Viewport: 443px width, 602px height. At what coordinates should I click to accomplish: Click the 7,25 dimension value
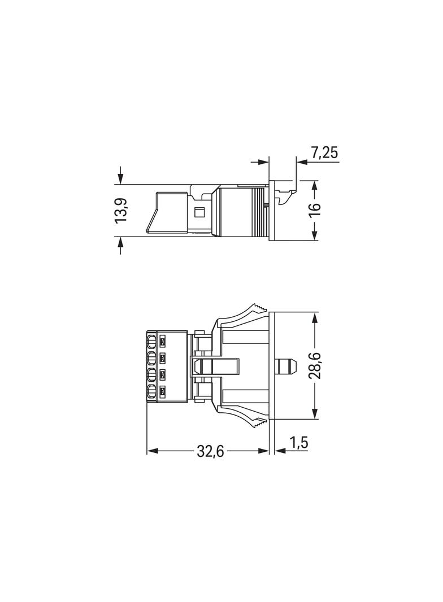point(324,152)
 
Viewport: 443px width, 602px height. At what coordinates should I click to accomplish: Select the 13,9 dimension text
point(121,211)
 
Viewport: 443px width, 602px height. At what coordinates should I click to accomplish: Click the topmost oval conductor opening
point(151,341)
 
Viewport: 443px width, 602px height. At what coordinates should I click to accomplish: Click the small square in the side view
point(199,212)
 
